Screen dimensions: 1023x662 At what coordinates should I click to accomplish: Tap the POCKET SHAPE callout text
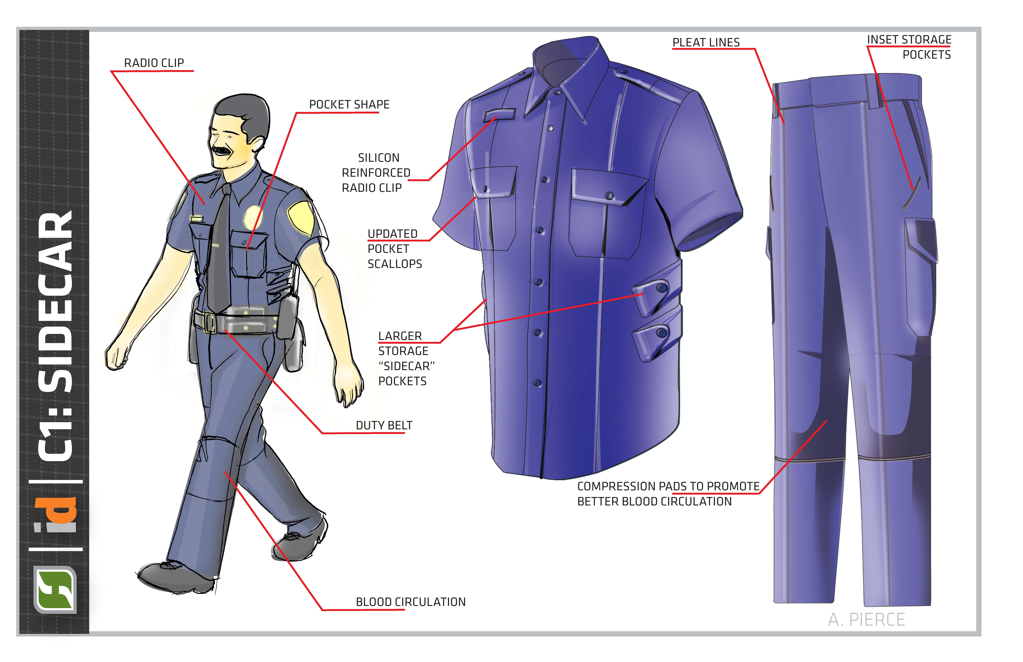tap(349, 104)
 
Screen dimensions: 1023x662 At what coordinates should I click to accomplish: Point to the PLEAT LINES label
tap(706, 43)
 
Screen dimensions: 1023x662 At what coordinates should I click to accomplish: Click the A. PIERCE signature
tap(867, 619)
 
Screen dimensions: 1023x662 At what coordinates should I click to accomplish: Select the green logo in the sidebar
tap(55, 589)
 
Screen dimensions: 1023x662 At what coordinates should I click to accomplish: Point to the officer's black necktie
tap(219, 249)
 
